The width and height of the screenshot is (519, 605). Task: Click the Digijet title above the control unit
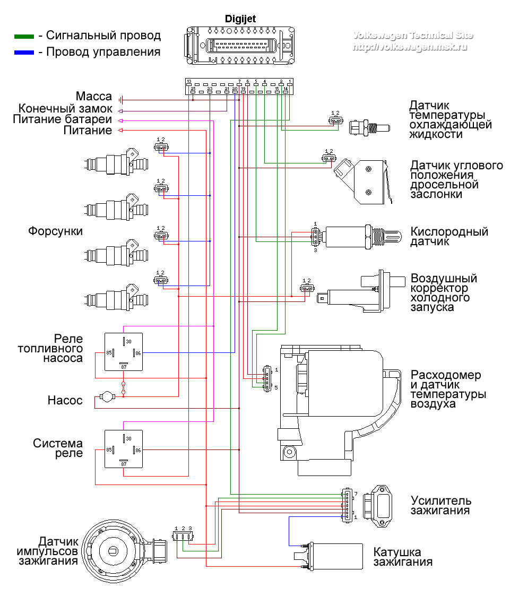240,19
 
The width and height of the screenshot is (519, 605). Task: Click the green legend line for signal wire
24,37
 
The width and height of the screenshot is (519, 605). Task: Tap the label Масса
94,97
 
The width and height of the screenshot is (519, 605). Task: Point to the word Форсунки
56,232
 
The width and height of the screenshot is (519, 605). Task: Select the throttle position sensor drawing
363,181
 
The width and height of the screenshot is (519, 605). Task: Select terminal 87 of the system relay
124,463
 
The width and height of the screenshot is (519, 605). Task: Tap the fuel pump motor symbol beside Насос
106,396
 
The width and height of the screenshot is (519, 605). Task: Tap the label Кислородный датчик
449,237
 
